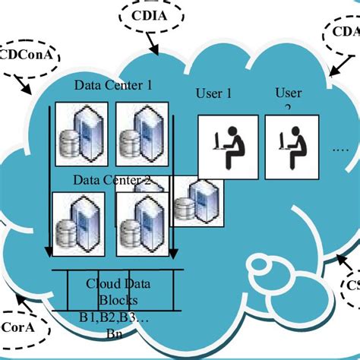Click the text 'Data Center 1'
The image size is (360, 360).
(x=112, y=85)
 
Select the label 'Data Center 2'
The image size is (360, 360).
(x=111, y=181)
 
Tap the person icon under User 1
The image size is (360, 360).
(x=226, y=143)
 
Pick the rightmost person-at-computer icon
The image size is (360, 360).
(x=292, y=143)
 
